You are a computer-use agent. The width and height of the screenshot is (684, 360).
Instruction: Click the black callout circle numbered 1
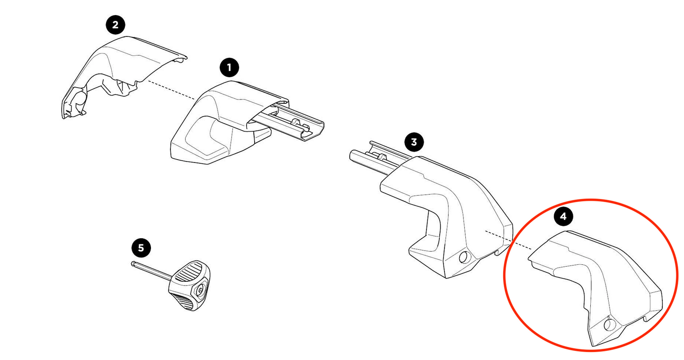coord(230,68)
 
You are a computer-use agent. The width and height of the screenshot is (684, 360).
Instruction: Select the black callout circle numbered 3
coord(414,142)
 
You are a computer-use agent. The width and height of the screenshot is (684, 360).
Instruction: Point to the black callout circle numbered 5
coord(141,247)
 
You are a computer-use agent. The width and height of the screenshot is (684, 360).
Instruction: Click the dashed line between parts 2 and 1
coord(170,90)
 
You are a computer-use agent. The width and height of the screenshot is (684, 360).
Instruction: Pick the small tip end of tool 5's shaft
coord(133,264)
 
